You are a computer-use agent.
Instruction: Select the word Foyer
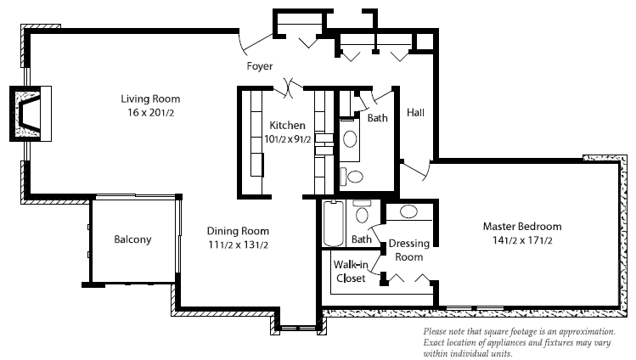pos(260,66)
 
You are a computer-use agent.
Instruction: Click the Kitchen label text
pos(287,126)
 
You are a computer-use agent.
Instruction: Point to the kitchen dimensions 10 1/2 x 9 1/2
pos(287,138)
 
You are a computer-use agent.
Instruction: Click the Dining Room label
pos(238,231)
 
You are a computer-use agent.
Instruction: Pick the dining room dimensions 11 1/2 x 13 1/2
pos(238,245)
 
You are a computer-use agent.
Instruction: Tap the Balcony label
pos(132,239)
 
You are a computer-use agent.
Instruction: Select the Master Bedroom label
pos(522,227)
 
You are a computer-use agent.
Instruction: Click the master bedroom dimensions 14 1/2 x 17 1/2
pos(522,240)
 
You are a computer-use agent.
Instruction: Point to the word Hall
pos(415,113)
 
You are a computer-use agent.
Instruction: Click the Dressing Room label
pos(409,250)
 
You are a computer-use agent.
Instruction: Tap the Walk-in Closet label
pos(351,272)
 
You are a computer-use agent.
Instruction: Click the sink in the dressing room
pos(408,211)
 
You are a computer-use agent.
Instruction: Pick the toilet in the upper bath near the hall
pos(355,177)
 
